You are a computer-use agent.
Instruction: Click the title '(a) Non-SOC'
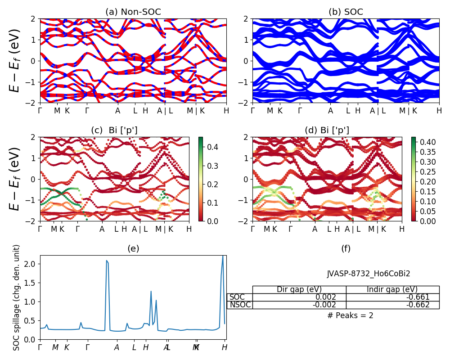click(x=133, y=12)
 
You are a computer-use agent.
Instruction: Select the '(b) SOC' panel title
click(x=346, y=12)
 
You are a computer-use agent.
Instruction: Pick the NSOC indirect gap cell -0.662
click(x=417, y=305)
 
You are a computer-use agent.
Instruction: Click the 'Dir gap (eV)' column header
click(x=299, y=289)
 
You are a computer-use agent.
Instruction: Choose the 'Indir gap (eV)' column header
click(x=392, y=289)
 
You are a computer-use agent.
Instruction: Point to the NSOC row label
click(x=239, y=305)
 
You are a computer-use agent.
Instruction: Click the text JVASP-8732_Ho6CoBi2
click(x=368, y=274)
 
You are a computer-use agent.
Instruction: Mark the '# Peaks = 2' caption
click(x=350, y=315)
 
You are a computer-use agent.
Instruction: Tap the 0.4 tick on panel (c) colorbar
click(x=211, y=146)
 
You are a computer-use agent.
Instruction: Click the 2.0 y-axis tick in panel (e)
click(x=31, y=264)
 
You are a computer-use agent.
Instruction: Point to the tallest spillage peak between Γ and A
click(x=107, y=261)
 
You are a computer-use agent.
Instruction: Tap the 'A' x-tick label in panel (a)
click(x=118, y=111)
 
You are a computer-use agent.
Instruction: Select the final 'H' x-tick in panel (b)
click(x=439, y=111)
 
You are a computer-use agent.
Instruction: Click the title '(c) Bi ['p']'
click(x=114, y=130)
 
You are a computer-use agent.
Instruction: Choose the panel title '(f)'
click(x=346, y=248)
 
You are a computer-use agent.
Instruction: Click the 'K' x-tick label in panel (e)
click(x=67, y=347)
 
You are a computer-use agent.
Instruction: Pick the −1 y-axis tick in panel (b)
click(x=243, y=82)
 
